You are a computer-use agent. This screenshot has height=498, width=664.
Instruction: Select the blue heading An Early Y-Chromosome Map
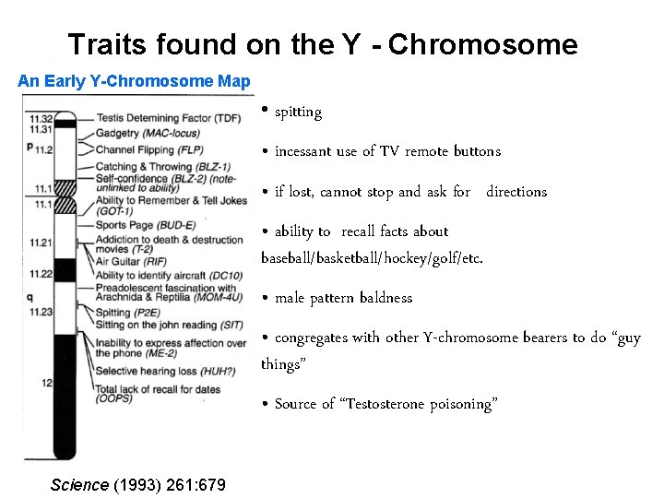(134, 81)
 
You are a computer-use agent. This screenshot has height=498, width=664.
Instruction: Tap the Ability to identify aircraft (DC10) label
(169, 275)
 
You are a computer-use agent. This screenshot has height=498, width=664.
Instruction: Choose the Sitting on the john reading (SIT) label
(169, 325)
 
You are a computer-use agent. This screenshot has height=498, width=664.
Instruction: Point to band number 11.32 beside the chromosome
(40, 119)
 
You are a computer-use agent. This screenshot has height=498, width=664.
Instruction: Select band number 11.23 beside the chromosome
(40, 312)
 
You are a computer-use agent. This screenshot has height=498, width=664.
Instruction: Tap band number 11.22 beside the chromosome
(40, 274)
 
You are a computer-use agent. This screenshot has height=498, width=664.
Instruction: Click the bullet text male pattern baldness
(343, 298)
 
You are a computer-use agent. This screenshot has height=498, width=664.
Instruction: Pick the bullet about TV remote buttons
(387, 151)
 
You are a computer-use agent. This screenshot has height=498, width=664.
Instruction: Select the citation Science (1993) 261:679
(137, 485)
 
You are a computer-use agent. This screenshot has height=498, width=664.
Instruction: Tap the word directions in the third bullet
(516, 192)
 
